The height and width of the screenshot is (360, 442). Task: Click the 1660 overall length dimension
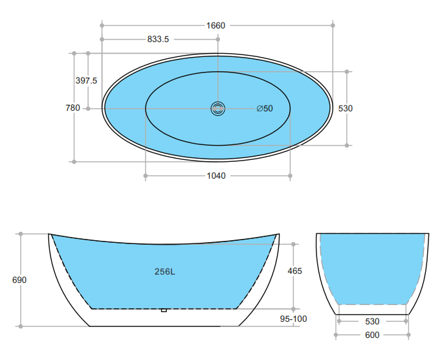pos(215,25)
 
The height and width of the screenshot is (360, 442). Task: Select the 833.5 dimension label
pos(158,39)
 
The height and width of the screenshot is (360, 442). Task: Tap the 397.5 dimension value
pos(86,80)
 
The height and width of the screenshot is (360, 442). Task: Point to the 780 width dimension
pos(72,108)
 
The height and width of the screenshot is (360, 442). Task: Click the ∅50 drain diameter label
pos(265,108)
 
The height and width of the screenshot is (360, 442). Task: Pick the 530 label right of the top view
pos(346,108)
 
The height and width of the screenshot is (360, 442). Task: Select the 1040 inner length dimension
pos(215,175)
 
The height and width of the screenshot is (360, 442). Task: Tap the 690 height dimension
pos(19,280)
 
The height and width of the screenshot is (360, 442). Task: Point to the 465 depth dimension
pos(294,271)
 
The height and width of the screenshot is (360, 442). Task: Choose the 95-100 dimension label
pos(294,319)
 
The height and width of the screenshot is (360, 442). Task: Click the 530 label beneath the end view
pos(372,321)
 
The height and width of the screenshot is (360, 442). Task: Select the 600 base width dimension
pos(372,335)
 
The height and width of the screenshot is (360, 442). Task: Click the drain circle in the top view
pos(217,108)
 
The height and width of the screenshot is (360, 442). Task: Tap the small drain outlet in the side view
pos(164,310)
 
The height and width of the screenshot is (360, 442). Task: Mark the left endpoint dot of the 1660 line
pos(102,25)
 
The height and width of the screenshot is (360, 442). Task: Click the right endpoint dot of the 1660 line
pos(333,25)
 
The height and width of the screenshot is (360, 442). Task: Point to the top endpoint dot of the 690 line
pos(21,233)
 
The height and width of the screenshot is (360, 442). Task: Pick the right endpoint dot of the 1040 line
pos(291,175)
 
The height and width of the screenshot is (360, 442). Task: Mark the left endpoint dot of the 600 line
pos(336,335)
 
